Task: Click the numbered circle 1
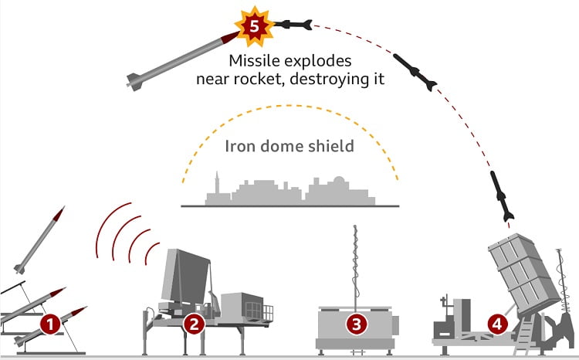51,324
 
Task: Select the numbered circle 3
356,324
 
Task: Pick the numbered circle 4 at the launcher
498,324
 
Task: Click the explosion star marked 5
254,25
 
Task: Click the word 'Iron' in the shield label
241,147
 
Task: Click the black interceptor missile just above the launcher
502,196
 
